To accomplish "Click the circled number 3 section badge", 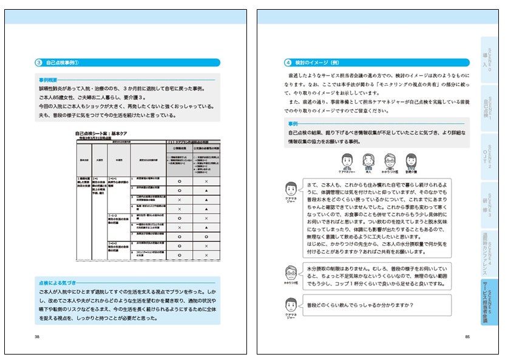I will [38, 62].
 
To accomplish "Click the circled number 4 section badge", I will [289, 62].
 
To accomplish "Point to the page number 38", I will [38, 336].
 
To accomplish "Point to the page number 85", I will [468, 336].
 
